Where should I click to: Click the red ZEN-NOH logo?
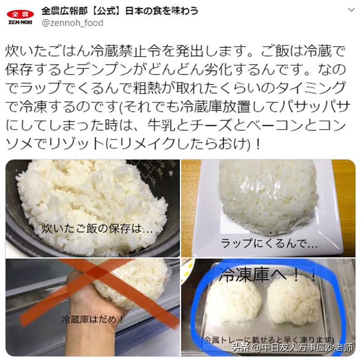point(20,17)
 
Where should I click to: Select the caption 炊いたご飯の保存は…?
point(97,229)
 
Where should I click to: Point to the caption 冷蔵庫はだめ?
point(93,319)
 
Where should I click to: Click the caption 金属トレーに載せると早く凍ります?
point(269,339)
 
